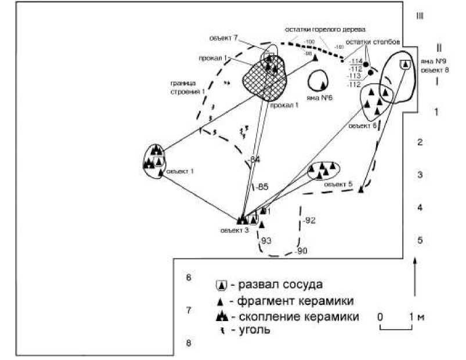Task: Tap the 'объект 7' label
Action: (x=224, y=38)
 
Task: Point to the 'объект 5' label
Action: (x=338, y=184)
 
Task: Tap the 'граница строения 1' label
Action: (x=187, y=87)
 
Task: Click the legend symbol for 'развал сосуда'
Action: (x=221, y=285)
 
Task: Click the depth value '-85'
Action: (x=262, y=187)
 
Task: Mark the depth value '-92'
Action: (x=309, y=220)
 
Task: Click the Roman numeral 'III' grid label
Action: (x=420, y=16)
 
